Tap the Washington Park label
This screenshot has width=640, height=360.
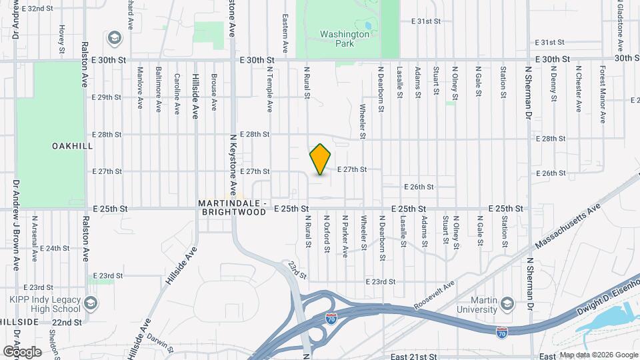[x=344, y=38]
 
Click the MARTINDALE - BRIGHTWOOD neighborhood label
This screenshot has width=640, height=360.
[x=232, y=207]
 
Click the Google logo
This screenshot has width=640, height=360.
[x=22, y=351]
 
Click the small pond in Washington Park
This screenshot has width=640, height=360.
[x=368, y=25]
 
